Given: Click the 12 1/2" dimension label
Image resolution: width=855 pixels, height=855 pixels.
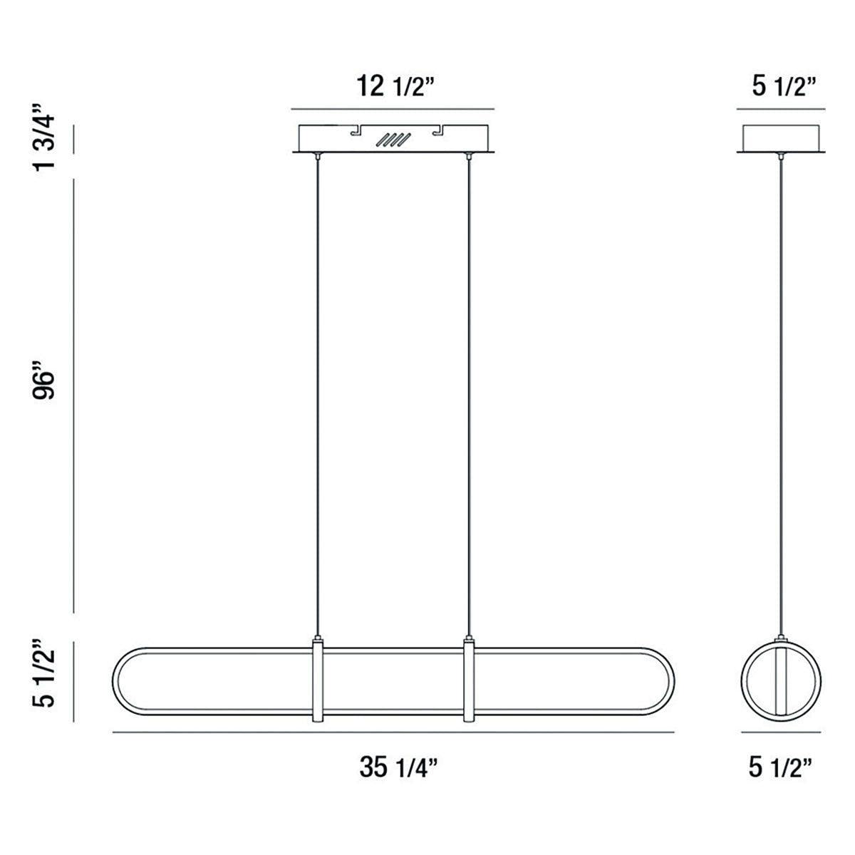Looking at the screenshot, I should click(392, 89).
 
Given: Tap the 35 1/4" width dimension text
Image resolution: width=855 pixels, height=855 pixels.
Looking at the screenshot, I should click(398, 767).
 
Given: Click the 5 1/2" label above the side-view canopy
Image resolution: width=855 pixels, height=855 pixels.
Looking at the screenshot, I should click(782, 88).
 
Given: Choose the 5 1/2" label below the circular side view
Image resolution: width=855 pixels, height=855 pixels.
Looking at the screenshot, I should click(782, 767).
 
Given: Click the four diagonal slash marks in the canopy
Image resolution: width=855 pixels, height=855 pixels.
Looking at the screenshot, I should click(394, 140).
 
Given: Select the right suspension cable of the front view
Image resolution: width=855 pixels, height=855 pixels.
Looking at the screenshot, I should click(469, 392).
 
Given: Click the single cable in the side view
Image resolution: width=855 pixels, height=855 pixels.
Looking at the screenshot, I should click(782, 392).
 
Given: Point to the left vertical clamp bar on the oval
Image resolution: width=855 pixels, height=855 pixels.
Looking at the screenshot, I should click(317, 680).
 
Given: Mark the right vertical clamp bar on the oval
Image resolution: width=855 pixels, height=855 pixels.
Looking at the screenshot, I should click(469, 680).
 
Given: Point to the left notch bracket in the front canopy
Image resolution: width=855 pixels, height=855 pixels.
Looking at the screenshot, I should click(355, 130).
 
